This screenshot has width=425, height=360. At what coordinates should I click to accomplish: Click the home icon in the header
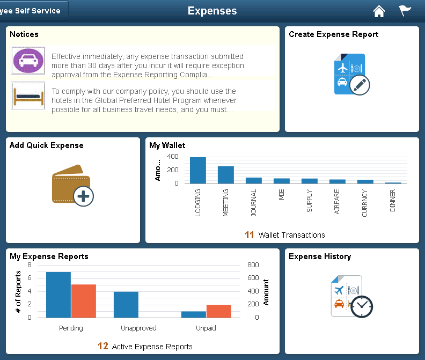[379, 11]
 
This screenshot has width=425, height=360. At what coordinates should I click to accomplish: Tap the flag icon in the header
[405, 11]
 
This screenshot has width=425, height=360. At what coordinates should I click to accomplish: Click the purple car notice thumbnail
[28, 61]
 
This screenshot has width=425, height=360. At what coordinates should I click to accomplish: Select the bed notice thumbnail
[28, 95]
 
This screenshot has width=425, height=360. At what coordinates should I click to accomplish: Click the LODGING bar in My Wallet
[198, 171]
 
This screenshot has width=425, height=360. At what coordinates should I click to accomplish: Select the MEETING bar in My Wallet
[226, 175]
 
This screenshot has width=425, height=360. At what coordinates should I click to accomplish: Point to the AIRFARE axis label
[337, 202]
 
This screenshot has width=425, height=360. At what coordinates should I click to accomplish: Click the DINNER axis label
[393, 201]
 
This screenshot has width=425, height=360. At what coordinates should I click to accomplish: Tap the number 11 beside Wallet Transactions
[250, 235]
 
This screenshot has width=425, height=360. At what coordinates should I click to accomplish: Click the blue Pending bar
[58, 295]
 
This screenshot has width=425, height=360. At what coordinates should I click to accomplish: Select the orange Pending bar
[83, 301]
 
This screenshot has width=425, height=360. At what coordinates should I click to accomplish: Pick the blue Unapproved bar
[126, 304]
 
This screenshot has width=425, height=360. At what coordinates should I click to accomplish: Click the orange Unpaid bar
[219, 311]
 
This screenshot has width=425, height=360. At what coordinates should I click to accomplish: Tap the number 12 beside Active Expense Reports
[103, 347]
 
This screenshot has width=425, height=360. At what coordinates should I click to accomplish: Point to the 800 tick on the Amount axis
[253, 265]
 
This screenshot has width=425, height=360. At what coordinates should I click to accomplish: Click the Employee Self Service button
[33, 11]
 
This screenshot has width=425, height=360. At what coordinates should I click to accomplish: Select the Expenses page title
[213, 11]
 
